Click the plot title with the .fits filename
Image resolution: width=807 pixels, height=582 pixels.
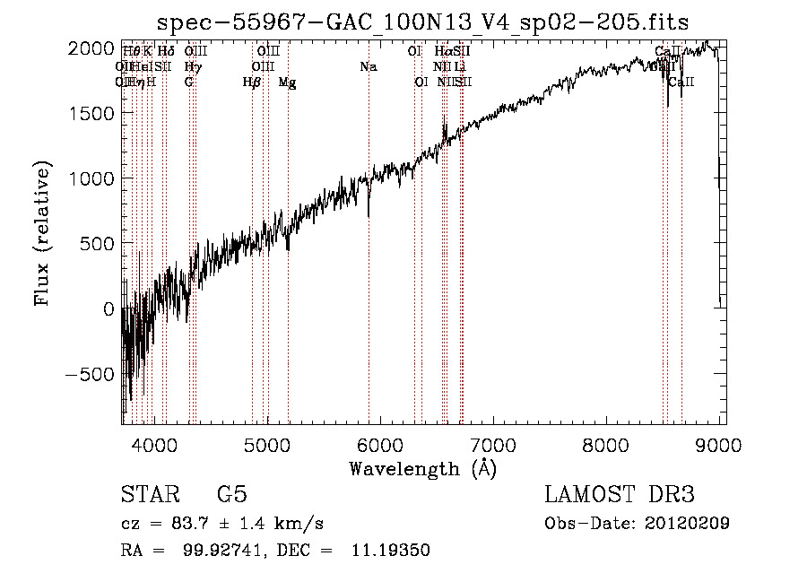[422, 22]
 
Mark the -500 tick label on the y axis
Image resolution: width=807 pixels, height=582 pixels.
[89, 374]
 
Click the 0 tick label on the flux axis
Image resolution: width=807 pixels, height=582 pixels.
[108, 308]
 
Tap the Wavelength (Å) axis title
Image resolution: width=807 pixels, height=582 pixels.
[422, 467]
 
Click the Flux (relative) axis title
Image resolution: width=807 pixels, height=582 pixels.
[42, 233]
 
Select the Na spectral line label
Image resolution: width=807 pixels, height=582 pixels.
[369, 66]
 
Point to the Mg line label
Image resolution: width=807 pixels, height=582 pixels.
[288, 82]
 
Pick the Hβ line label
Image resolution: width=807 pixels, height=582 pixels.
[252, 82]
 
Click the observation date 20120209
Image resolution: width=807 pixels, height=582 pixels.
[687, 523]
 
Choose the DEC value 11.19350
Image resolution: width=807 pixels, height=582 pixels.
[395, 551]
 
